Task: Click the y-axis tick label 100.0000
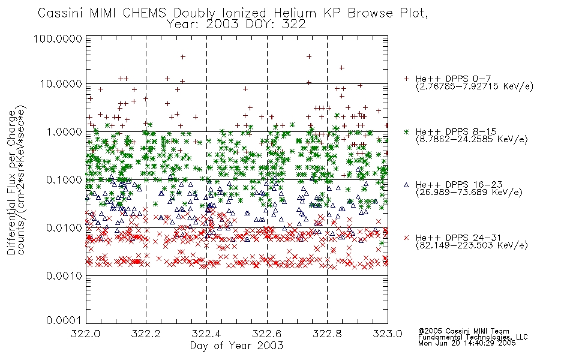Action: [x=58, y=38]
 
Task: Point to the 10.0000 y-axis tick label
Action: [x=61, y=84]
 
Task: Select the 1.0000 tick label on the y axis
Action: [x=64, y=131]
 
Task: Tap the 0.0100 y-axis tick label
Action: [x=64, y=228]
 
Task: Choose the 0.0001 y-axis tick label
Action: [x=64, y=320]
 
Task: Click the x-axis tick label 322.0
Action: [x=86, y=334]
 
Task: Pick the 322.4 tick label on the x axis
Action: [x=206, y=334]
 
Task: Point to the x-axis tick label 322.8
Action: [x=327, y=334]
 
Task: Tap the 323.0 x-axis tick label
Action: [x=388, y=334]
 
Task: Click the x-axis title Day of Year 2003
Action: [x=236, y=346]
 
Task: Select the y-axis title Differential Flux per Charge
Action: [x=11, y=182]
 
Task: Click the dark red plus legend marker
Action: [x=406, y=79]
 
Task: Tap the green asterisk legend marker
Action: [x=406, y=131]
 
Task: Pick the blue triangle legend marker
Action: [x=406, y=185]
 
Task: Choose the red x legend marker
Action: [x=406, y=238]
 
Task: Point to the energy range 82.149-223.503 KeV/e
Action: [x=472, y=245]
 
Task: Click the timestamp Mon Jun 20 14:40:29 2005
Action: [x=467, y=343]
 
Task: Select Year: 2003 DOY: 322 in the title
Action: [x=236, y=25]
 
